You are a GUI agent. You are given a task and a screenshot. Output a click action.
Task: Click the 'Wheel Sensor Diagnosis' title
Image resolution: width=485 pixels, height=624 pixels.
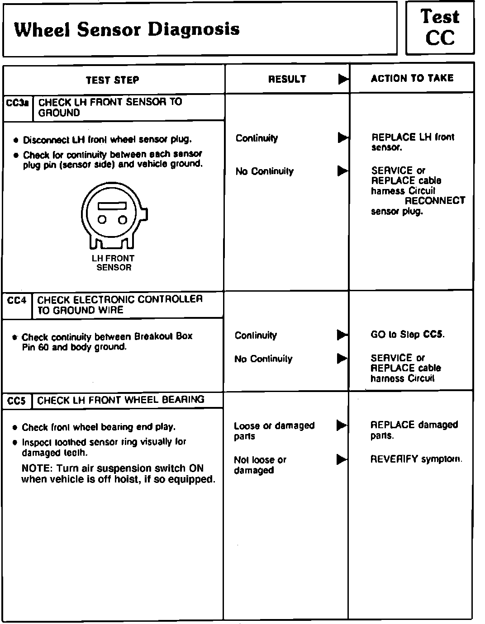tap(127, 30)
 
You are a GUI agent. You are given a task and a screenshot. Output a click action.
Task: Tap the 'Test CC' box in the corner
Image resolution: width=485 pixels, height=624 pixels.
tap(440, 28)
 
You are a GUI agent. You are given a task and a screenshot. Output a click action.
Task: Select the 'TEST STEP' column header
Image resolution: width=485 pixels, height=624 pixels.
tap(113, 80)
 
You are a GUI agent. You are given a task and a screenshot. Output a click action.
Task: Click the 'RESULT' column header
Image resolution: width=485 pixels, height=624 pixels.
tap(287, 79)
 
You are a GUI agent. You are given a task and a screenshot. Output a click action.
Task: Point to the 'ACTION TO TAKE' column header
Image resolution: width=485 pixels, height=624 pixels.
tap(412, 78)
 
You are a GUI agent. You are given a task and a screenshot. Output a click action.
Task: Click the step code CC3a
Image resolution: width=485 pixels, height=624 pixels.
tap(18, 103)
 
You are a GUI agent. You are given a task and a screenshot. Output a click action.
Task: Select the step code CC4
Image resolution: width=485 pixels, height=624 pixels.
tap(17, 300)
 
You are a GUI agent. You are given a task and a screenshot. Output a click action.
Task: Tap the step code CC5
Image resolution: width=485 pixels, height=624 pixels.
tap(17, 401)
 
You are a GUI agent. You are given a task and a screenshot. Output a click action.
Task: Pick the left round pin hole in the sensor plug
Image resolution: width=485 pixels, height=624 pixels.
tap(103, 220)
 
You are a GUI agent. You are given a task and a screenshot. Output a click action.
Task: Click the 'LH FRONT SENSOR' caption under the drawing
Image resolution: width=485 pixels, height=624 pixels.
tap(113, 263)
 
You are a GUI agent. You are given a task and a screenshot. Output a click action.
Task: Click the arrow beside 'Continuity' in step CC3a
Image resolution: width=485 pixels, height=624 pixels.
tap(343, 137)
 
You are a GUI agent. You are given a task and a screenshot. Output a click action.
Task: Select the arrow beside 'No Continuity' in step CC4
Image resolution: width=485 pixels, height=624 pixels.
tap(342, 359)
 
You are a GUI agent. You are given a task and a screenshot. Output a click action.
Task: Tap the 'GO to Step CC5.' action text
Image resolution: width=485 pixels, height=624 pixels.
tap(407, 335)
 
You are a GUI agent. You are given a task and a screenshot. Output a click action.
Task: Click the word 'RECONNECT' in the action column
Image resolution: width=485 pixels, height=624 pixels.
tap(435, 200)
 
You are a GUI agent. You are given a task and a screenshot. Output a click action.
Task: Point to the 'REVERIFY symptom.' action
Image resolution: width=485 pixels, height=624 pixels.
tap(416, 459)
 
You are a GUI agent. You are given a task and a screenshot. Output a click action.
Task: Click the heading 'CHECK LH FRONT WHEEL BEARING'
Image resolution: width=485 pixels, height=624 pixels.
tap(121, 400)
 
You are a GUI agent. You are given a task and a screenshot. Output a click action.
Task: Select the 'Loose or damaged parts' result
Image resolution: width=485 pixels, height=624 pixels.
tap(274, 430)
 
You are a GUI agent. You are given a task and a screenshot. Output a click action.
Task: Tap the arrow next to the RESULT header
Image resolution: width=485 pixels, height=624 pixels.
tap(343, 79)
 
